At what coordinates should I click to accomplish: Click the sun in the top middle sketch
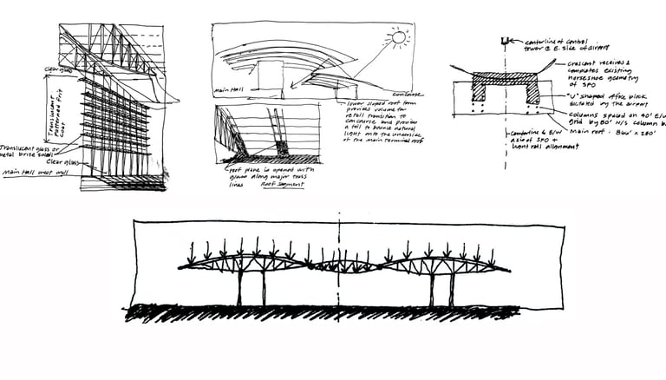(398, 37)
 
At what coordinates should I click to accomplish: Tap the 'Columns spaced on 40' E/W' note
(607, 115)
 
